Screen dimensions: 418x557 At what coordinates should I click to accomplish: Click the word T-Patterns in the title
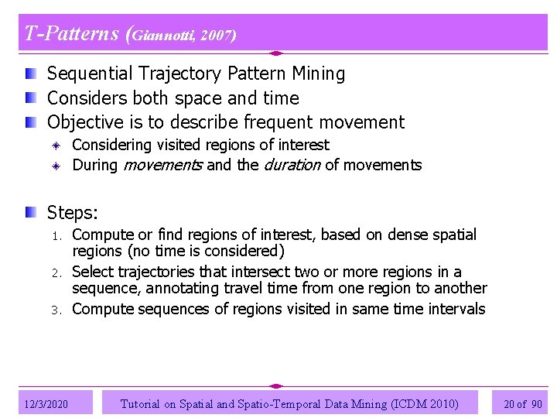click(71, 34)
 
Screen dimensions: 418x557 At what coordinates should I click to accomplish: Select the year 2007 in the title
click(218, 35)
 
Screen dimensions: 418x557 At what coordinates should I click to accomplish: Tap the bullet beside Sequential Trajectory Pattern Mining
click(29, 74)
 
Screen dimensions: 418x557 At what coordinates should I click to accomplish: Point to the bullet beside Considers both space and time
click(29, 98)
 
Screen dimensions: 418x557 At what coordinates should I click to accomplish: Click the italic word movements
click(162, 165)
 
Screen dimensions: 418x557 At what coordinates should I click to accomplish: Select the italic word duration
click(292, 165)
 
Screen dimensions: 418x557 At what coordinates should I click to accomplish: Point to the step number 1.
click(56, 235)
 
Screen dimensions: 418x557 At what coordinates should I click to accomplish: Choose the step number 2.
click(56, 272)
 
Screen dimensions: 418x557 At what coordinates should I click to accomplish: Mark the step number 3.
click(56, 310)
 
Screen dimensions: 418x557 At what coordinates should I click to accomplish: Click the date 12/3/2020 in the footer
click(46, 403)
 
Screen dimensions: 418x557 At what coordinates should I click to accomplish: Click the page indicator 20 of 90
click(523, 403)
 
